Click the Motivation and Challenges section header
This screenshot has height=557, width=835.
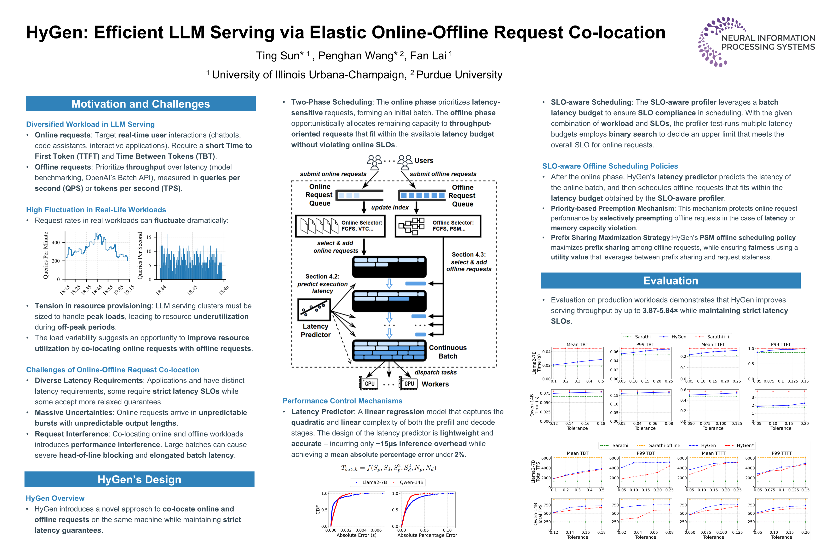(x=141, y=104)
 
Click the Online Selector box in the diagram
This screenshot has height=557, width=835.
(x=340, y=226)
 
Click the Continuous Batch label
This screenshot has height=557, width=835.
(x=448, y=352)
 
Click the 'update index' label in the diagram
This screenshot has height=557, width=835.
(x=390, y=208)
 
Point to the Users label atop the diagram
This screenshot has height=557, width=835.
(x=424, y=161)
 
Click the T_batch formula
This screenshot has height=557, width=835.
(x=388, y=468)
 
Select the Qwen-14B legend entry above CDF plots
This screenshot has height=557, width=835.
(x=411, y=482)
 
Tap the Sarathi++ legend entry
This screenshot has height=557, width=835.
(x=718, y=337)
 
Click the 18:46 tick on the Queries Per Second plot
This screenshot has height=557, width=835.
(x=223, y=290)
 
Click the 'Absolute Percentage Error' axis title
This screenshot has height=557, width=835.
(x=427, y=535)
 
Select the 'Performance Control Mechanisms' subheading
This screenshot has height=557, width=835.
(x=342, y=401)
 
